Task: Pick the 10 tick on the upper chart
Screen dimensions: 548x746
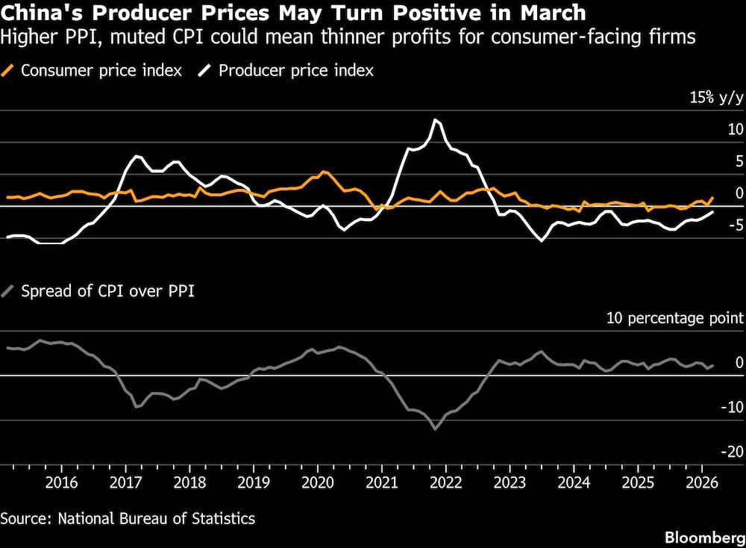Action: [736, 129]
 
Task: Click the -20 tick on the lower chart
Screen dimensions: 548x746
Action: [731, 451]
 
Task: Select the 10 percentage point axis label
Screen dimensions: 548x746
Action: [674, 318]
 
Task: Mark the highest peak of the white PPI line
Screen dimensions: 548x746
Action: [436, 120]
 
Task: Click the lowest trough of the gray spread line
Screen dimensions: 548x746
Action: [435, 429]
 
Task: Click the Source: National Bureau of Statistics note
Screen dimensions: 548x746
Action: [128, 518]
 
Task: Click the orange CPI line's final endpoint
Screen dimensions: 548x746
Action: [713, 198]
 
